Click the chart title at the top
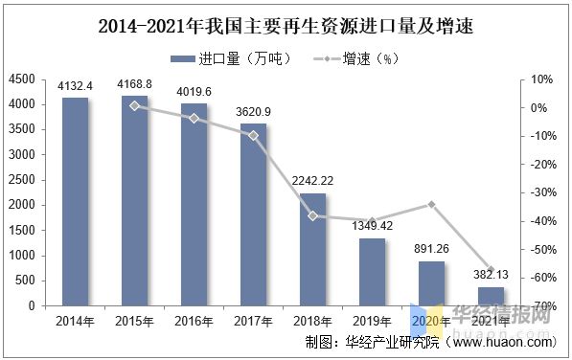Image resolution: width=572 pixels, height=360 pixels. point(286,27)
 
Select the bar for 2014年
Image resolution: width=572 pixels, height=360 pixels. point(76,202)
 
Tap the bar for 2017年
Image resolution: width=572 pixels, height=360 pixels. point(253,215)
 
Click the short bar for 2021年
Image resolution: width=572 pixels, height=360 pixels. point(491,296)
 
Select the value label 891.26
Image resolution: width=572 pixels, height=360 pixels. point(432,250)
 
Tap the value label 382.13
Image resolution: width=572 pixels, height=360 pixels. point(491,276)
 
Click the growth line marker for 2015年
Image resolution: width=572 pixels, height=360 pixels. point(135,105)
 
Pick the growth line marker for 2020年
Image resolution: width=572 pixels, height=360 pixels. point(431,204)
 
